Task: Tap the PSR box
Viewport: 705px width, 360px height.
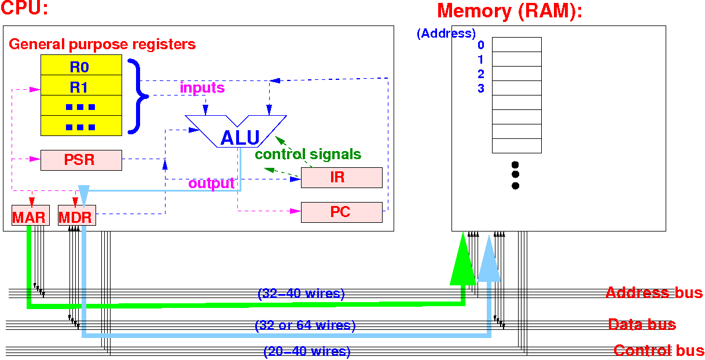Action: tap(81, 160)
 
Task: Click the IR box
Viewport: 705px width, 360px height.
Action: tap(342, 178)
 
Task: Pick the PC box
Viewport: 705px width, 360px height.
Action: tap(342, 212)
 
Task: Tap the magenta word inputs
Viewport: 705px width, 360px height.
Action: tap(202, 89)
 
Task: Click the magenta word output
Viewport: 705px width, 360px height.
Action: tap(211, 183)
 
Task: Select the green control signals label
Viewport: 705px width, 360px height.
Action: tap(308, 155)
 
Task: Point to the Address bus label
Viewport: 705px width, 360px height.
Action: tap(653, 293)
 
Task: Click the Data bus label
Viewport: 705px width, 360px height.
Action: tap(641, 324)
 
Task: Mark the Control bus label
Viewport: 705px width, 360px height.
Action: tap(659, 350)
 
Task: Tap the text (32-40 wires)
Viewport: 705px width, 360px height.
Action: tap(301, 294)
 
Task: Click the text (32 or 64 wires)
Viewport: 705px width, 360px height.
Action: tap(305, 325)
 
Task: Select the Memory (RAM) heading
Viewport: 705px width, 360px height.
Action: tap(509, 11)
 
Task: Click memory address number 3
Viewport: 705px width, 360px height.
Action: tap(481, 89)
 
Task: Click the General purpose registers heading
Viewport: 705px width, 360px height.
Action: tap(102, 44)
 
